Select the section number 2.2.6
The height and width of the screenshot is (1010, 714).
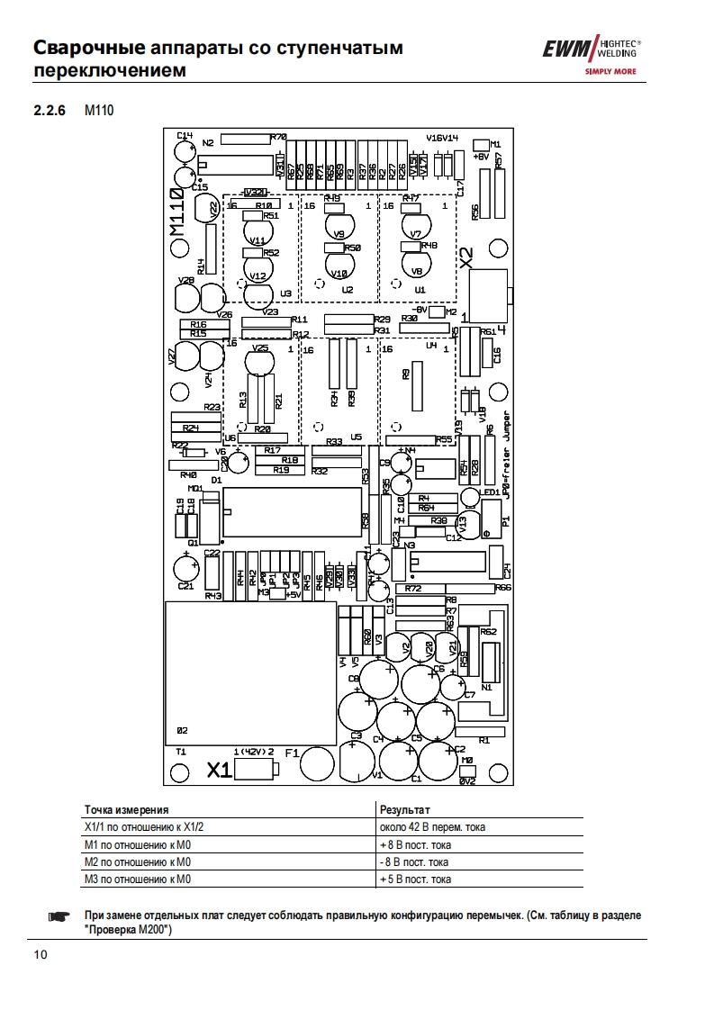click(50, 112)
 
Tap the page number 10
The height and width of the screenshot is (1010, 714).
click(41, 952)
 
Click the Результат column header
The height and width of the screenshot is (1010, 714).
click(405, 809)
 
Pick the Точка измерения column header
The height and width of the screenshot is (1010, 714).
click(126, 809)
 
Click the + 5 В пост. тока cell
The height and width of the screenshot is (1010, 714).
click(415, 879)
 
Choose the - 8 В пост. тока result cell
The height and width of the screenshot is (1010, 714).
click(414, 861)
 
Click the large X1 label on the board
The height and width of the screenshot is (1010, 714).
click(220, 769)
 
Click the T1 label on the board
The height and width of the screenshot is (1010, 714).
click(180, 751)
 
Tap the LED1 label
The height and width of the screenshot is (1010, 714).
click(490, 492)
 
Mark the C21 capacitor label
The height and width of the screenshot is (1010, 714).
click(185, 586)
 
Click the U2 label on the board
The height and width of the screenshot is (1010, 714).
click(348, 291)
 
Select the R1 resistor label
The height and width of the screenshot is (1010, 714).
click(484, 740)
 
